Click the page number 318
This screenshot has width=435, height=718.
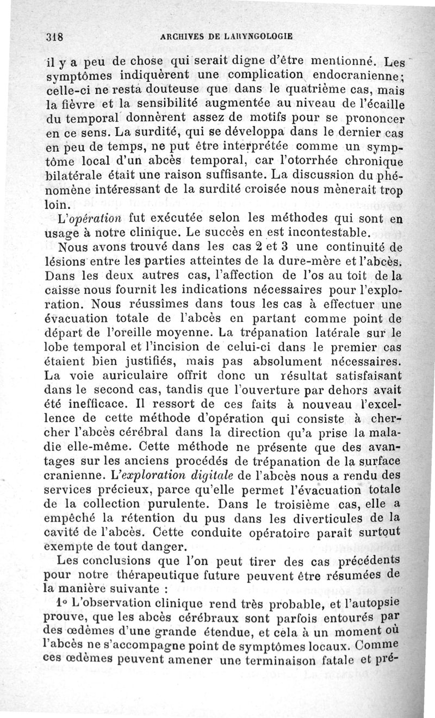point(55,38)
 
